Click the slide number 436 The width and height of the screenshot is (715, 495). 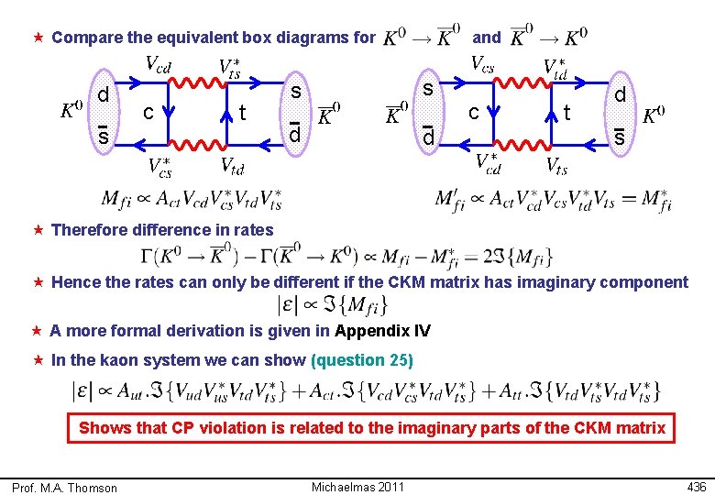(x=697, y=486)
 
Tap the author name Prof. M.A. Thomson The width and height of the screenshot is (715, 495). (x=65, y=488)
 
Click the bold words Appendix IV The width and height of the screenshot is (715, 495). (x=382, y=331)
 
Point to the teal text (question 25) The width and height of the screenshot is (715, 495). (x=362, y=360)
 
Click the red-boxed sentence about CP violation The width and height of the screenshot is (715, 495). (x=372, y=428)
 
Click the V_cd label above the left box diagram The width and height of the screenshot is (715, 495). (x=159, y=64)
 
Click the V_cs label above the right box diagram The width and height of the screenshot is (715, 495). (x=482, y=64)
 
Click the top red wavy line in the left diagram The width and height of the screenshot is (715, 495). (x=196, y=83)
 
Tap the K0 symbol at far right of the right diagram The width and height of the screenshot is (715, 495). (x=654, y=115)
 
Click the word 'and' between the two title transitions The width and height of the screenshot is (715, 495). (x=486, y=38)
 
